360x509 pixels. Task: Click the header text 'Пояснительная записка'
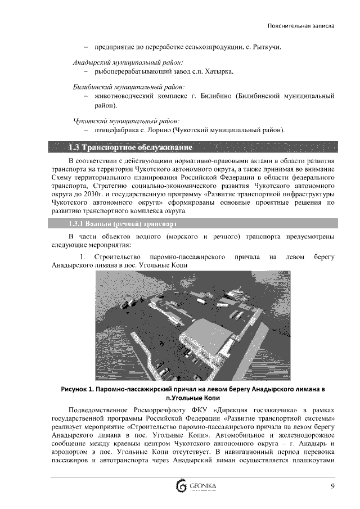301,26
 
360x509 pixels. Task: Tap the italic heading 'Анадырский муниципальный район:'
128,62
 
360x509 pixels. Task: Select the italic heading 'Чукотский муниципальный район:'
126,121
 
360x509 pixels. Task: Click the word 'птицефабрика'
115,130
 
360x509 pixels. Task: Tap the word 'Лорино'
170,130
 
